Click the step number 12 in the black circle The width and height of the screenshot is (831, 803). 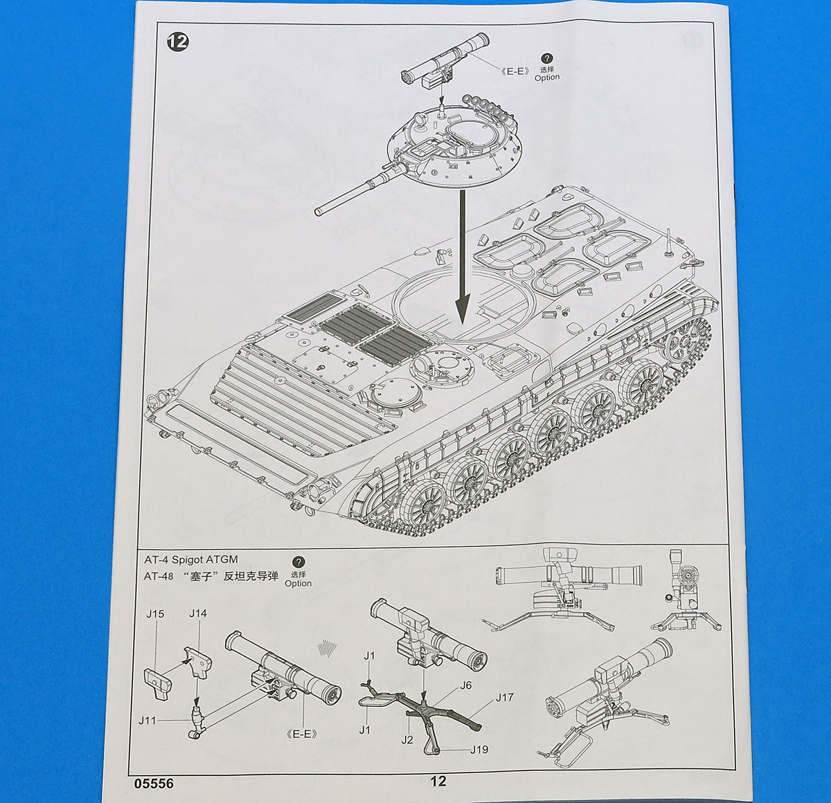click(x=177, y=42)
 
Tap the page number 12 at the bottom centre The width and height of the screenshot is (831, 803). click(x=438, y=781)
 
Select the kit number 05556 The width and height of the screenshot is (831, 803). click(x=150, y=784)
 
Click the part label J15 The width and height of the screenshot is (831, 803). click(x=155, y=613)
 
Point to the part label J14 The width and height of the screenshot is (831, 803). click(x=198, y=613)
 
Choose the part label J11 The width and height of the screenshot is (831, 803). click(x=147, y=720)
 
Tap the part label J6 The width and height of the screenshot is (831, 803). click(x=465, y=685)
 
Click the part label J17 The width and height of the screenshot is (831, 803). click(x=504, y=697)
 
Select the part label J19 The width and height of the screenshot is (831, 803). click(x=479, y=750)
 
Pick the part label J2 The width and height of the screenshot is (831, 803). click(x=406, y=740)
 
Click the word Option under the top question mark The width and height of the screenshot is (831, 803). click(x=546, y=78)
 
